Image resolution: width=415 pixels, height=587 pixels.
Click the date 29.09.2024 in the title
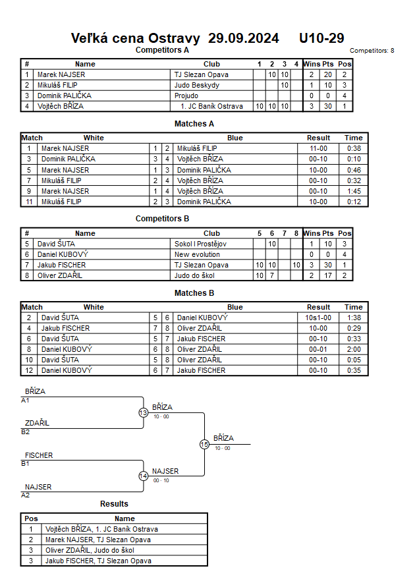243,38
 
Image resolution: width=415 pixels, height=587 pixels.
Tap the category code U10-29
321,38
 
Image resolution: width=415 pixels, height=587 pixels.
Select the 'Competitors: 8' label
372,50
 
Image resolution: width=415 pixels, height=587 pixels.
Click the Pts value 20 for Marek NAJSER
327,74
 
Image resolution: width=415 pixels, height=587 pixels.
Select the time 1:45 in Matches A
353,191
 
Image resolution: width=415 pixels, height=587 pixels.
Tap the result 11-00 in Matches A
318,149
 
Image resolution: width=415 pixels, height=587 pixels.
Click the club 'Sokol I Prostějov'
200,244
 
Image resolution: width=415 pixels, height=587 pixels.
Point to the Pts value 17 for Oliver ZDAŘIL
327,275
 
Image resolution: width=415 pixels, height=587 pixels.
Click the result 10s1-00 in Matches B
318,318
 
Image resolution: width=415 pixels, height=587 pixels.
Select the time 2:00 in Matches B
353,349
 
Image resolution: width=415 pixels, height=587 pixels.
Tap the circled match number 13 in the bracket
144,413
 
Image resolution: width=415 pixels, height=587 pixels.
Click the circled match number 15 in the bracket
204,445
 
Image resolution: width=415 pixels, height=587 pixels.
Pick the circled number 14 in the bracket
144,476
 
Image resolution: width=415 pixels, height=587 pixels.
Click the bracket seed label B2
26,432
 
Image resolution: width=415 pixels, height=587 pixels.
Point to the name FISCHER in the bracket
39,455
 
